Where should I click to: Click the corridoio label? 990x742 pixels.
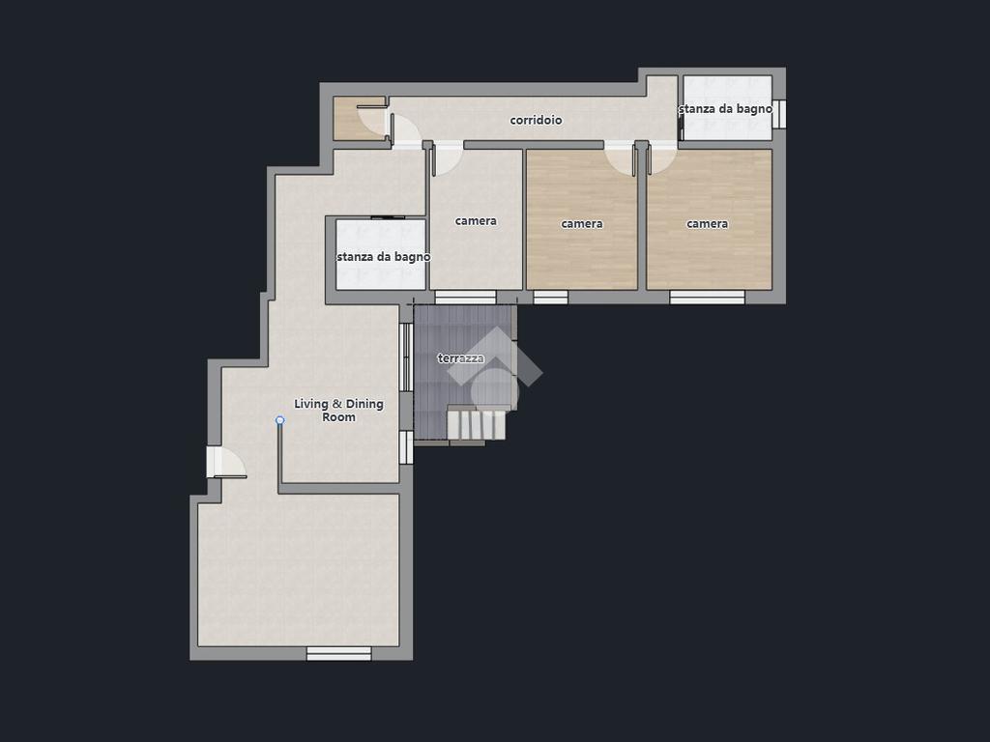[536, 120]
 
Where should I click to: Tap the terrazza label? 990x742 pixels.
[461, 358]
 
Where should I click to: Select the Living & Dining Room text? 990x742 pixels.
[339, 410]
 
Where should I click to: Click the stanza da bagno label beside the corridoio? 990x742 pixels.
[725, 108]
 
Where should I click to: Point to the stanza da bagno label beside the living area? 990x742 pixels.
[383, 257]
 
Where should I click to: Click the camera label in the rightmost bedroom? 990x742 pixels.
[707, 223]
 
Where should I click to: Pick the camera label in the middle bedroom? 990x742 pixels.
[581, 223]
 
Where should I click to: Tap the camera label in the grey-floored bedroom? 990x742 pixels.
[476, 221]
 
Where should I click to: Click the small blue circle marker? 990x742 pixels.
[280, 420]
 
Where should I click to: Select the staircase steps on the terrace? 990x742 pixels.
[477, 423]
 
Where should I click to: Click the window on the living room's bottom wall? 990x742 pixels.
[339, 654]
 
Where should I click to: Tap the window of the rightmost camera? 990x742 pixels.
[707, 298]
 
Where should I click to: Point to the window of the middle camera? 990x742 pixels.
[550, 298]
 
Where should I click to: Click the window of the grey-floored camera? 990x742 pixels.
[465, 298]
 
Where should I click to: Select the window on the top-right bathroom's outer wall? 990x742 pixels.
[779, 114]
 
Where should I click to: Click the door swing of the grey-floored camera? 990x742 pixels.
[447, 158]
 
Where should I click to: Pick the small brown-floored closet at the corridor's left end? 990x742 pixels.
[358, 119]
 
